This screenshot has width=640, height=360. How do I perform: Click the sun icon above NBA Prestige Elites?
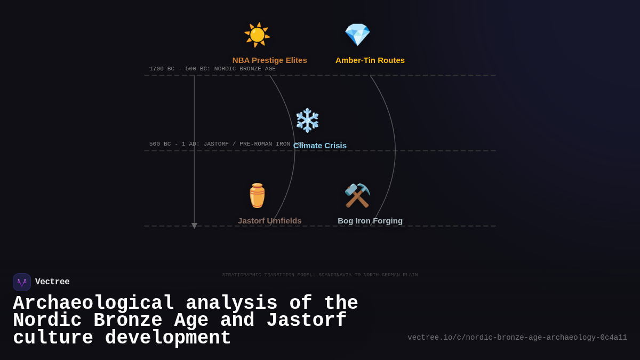[257, 35]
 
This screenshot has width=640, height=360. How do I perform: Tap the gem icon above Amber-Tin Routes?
[357, 35]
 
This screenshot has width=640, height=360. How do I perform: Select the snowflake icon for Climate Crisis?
[307, 120]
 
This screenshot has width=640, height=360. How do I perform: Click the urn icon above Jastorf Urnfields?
[257, 196]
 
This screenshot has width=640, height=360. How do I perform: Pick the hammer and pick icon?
[357, 196]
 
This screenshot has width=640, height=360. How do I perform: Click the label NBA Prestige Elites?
[269, 60]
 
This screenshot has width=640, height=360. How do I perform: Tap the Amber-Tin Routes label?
[370, 60]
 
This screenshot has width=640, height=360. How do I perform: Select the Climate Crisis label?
[320, 146]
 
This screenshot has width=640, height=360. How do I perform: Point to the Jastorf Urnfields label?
[269, 221]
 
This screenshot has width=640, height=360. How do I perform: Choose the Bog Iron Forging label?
[370, 221]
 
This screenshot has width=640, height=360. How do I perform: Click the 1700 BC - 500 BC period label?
[212, 69]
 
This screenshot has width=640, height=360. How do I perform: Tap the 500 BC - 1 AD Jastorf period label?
[220, 144]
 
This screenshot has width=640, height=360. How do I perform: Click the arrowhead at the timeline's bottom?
[194, 226]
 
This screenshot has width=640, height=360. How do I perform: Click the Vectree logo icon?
[22, 282]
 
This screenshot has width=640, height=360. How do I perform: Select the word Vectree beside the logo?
[52, 282]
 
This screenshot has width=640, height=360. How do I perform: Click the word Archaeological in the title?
[93, 303]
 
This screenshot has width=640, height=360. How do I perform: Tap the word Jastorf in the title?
[306, 321]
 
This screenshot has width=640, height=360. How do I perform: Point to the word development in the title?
[168, 338]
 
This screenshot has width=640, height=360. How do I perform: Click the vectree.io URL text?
[517, 338]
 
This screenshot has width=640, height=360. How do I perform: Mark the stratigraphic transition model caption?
[320, 275]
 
